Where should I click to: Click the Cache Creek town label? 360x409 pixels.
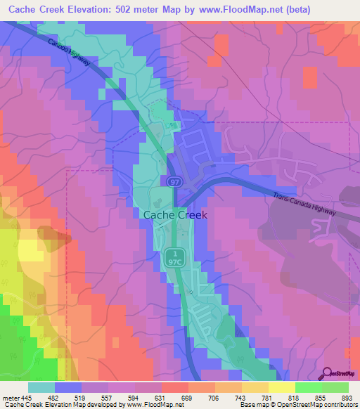point(175,216)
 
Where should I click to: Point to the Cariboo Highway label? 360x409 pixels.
point(69,52)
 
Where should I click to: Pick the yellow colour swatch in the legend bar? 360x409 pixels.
point(281,387)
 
